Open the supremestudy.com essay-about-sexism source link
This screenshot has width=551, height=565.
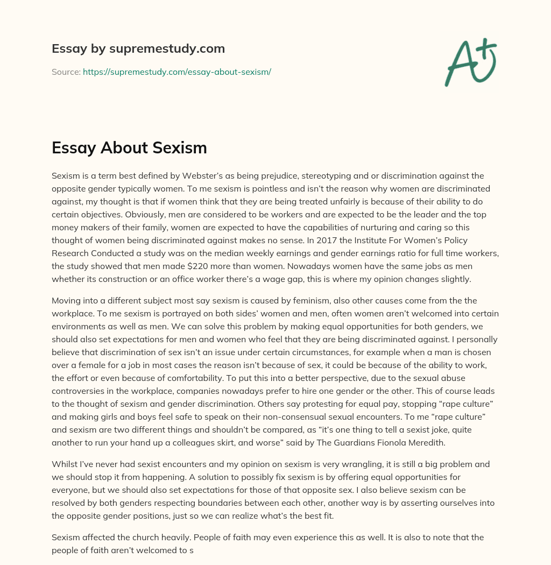[x=176, y=72]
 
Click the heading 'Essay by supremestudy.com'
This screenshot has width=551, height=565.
[x=138, y=48]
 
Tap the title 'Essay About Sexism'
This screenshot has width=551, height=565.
[x=129, y=148]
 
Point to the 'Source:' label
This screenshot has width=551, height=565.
[x=66, y=72]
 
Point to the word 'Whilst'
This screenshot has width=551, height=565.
[x=65, y=449]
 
